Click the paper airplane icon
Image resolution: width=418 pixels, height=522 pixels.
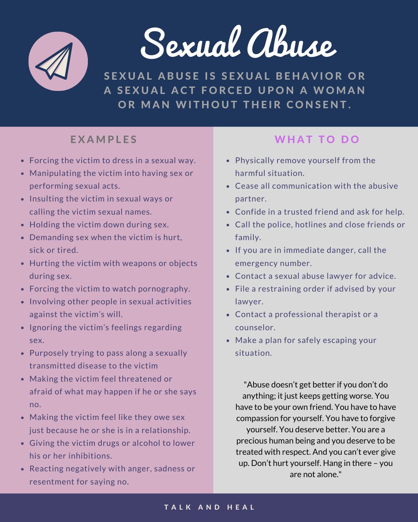point(58,61)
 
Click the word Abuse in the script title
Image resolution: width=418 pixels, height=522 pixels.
point(291,44)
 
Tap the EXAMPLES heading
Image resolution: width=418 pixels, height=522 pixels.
point(104,140)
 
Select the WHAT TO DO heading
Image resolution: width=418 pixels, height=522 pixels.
point(317,140)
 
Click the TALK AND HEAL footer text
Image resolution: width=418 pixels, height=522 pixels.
point(209,507)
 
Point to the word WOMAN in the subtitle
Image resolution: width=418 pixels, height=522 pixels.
point(339,90)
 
